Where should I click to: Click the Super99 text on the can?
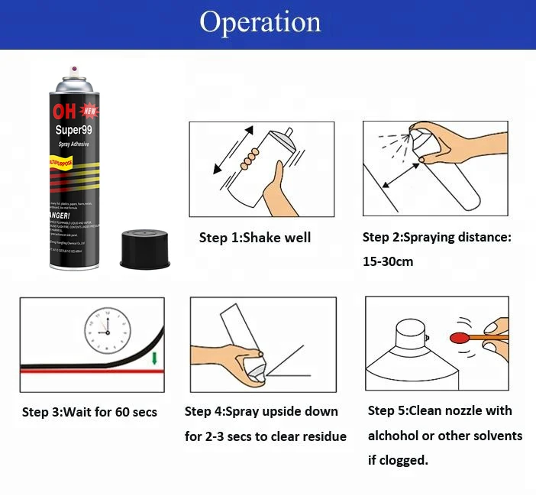pos(75,130)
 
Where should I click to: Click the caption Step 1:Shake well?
pos(255,238)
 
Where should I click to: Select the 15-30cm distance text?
pos(388,261)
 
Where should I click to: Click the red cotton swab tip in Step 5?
pos(459,336)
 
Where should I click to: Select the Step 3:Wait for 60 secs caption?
pos(89,413)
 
